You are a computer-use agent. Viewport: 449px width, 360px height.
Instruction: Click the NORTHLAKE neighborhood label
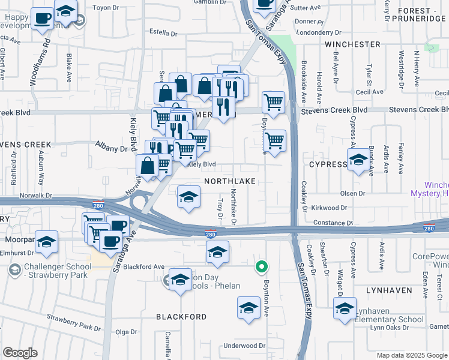click(230, 181)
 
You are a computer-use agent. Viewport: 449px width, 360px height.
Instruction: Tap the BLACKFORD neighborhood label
click(181, 316)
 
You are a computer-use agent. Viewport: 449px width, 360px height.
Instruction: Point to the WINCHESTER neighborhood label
click(352, 44)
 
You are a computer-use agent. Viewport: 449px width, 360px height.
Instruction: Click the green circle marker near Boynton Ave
click(261, 266)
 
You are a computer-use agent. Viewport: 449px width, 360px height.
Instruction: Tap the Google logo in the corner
click(20, 353)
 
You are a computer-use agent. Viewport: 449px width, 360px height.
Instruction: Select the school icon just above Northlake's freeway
click(188, 197)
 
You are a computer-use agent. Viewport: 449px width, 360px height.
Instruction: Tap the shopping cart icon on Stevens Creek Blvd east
click(273, 102)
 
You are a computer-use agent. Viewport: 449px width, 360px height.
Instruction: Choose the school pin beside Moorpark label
click(46, 242)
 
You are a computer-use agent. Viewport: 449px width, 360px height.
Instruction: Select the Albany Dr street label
click(112, 148)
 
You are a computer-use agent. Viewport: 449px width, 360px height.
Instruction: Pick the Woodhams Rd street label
click(41, 62)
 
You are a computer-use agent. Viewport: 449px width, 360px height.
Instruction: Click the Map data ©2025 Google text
click(411, 355)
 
